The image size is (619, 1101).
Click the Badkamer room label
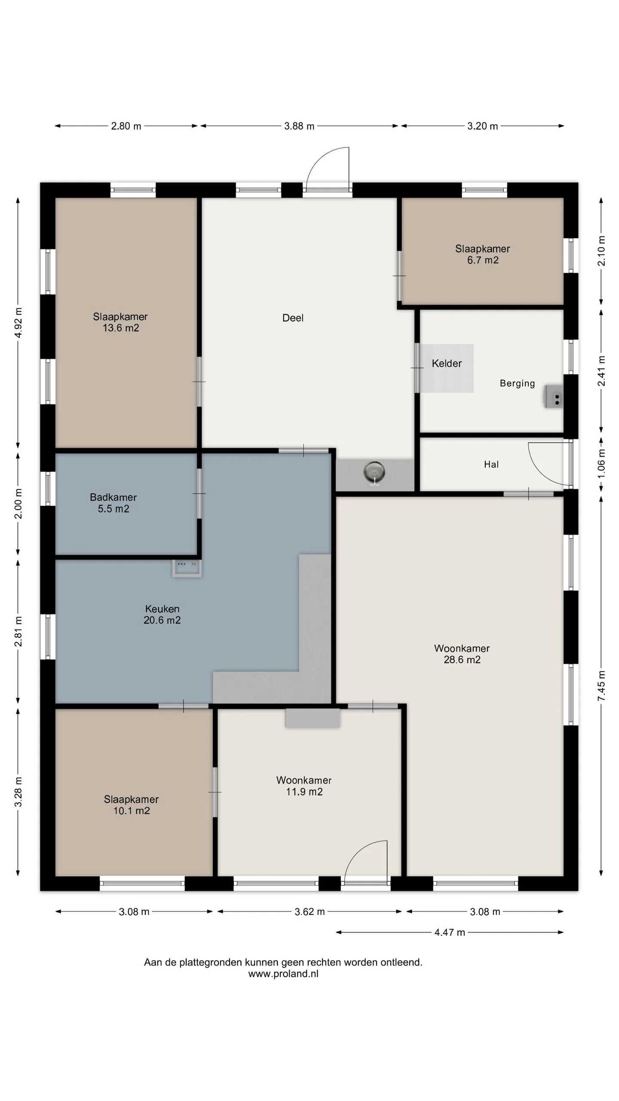(x=113, y=503)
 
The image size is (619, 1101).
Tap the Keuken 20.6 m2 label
(x=162, y=614)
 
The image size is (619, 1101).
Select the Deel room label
(x=293, y=318)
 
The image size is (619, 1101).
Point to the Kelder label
(x=447, y=363)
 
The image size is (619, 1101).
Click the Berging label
(x=517, y=383)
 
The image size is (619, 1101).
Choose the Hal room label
(x=491, y=464)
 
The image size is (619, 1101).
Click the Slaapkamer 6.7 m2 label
(x=483, y=254)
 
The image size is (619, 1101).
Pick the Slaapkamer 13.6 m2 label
(x=120, y=322)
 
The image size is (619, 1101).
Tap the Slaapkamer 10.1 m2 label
(x=131, y=805)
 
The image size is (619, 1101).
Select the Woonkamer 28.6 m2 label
(x=462, y=654)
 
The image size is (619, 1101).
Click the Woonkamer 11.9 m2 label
(x=304, y=786)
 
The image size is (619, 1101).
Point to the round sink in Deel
(x=374, y=473)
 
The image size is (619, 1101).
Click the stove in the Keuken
(x=187, y=568)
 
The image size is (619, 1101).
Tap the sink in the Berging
(x=553, y=397)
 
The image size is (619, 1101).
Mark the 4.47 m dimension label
(x=450, y=932)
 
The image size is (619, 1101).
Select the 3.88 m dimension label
(x=299, y=126)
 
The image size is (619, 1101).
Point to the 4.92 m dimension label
(x=18, y=323)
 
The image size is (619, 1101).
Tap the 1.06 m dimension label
(x=601, y=464)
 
